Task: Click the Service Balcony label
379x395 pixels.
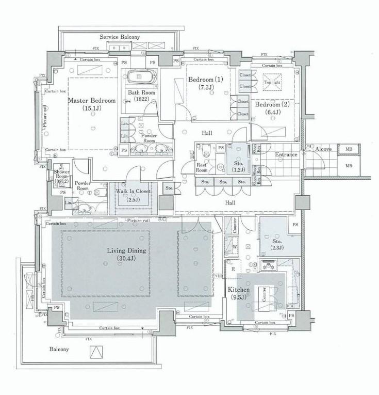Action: pos(120,37)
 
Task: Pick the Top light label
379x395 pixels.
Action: pos(272,82)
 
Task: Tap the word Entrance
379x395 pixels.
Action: pos(286,155)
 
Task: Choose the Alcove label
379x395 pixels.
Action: pos(323,148)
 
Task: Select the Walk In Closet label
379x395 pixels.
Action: pos(133,191)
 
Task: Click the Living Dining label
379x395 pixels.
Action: pos(127,251)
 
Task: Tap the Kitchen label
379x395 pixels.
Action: pos(239,290)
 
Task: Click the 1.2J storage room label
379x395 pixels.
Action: pos(238,167)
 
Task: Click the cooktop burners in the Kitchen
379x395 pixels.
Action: pos(268,265)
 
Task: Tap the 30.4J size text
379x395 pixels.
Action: pos(127,259)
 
